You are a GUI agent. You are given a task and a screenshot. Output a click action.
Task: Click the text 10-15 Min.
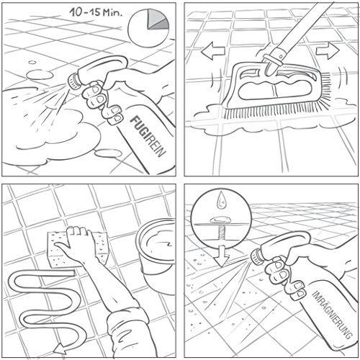(x=96, y=12)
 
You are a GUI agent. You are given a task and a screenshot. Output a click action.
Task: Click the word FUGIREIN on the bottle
(x=148, y=136)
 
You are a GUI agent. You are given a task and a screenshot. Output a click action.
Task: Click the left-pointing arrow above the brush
(x=212, y=50)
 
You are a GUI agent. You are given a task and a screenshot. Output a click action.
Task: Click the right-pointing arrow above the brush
(x=328, y=51)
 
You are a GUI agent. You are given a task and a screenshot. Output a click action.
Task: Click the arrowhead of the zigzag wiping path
(x=60, y=348)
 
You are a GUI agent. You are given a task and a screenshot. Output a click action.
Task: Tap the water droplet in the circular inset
(x=221, y=201)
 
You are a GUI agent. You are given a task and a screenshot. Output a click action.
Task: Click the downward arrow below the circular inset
(x=222, y=256)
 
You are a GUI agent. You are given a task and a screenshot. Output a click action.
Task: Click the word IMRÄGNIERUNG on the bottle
(x=332, y=315)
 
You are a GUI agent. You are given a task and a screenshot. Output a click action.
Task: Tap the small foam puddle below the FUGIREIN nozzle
(x=107, y=153)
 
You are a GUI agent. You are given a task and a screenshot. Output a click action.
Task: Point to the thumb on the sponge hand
(x=62, y=247)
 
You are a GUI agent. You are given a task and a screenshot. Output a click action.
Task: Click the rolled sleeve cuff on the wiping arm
(x=127, y=319)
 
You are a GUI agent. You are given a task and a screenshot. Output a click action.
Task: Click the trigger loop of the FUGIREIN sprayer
(x=106, y=63)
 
